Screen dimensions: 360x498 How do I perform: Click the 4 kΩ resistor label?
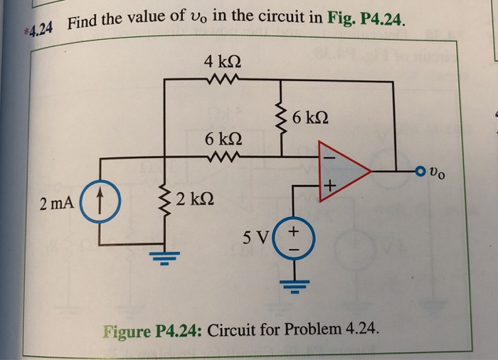pyautogui.click(x=219, y=62)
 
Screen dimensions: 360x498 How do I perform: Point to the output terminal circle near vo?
pyautogui.click(x=423, y=171)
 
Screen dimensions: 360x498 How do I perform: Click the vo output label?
pyautogui.click(x=443, y=172)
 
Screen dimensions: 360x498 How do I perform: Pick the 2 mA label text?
pyautogui.click(x=57, y=204)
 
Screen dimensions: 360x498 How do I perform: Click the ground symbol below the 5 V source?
pyautogui.click(x=291, y=286)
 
